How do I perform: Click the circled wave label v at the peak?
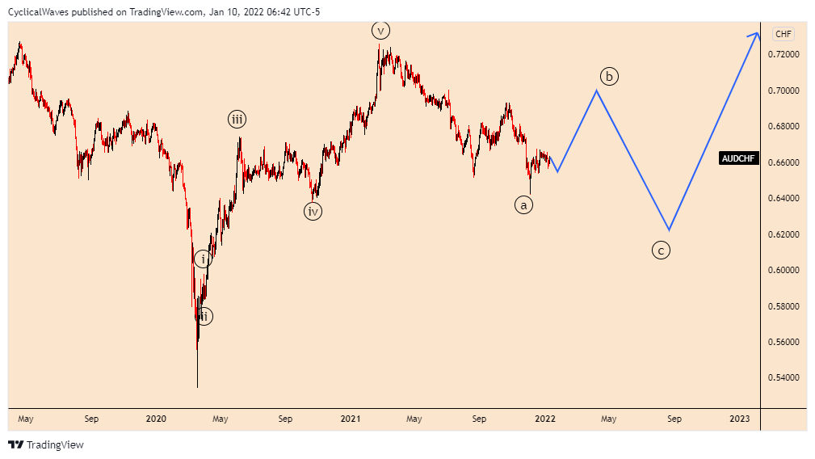380,31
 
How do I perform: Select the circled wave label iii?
237,120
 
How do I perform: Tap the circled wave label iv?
313,212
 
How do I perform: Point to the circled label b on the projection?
610,77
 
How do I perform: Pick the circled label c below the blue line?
661,251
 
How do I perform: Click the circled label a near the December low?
523,205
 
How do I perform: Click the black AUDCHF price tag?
739,158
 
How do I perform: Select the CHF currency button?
783,34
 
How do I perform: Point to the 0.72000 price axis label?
783,54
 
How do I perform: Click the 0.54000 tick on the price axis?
783,377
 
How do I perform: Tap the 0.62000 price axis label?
783,234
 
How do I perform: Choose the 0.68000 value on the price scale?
783,126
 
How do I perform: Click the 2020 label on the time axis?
156,419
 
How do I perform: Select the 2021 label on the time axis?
350,419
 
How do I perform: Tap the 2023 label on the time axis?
739,419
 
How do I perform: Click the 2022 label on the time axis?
545,419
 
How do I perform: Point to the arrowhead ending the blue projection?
756,34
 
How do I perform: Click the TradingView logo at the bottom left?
46,444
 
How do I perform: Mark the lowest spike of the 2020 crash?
197,386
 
